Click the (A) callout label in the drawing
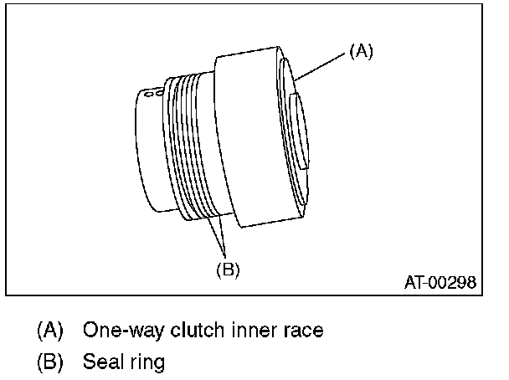360,51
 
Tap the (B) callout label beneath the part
228,270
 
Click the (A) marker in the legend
50,330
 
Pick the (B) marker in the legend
50,362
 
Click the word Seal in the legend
101,362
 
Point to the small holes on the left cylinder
150,95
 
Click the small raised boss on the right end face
299,130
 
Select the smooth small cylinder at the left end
151,151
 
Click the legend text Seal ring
124,362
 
